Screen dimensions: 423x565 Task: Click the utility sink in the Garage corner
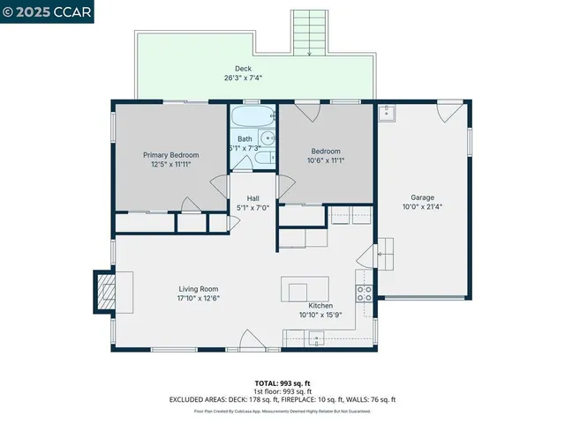click(x=386, y=113)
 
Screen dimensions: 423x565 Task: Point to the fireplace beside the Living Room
click(x=105, y=292)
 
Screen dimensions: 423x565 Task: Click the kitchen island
click(x=305, y=290)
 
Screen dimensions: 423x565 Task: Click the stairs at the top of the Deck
click(x=309, y=33)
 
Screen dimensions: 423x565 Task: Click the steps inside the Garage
click(x=387, y=255)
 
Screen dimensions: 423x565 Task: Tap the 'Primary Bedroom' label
click(x=171, y=155)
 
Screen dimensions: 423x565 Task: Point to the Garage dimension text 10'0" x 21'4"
click(x=422, y=207)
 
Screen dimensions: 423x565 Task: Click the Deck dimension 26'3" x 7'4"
click(x=243, y=78)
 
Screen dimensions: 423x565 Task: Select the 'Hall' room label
click(x=253, y=198)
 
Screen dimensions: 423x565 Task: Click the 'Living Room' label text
click(x=199, y=289)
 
